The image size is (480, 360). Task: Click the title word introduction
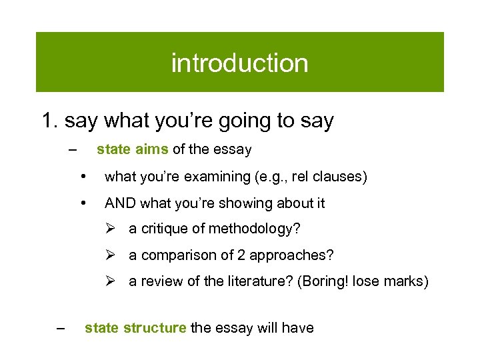240,63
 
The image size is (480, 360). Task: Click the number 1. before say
51,121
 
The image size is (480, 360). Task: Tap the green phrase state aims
133,149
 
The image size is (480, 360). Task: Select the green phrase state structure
135,327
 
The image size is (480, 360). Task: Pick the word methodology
255,229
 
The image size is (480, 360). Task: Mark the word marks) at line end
407,281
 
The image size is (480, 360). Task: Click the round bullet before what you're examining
83,177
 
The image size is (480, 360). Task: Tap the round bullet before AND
83,203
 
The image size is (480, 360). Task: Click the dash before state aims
72,149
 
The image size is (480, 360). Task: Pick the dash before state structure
61,327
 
